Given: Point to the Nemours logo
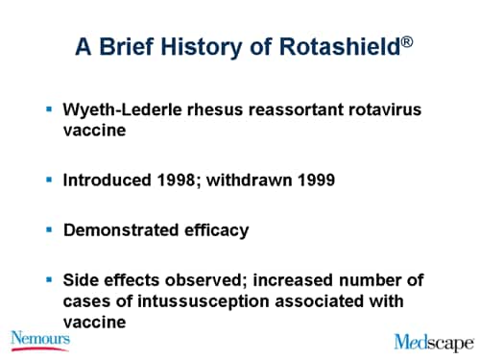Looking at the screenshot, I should tap(39, 339).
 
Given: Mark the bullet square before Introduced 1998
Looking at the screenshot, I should tap(49, 179).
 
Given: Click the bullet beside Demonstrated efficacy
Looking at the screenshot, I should tap(49, 228).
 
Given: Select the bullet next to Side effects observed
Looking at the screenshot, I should tap(49, 279).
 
